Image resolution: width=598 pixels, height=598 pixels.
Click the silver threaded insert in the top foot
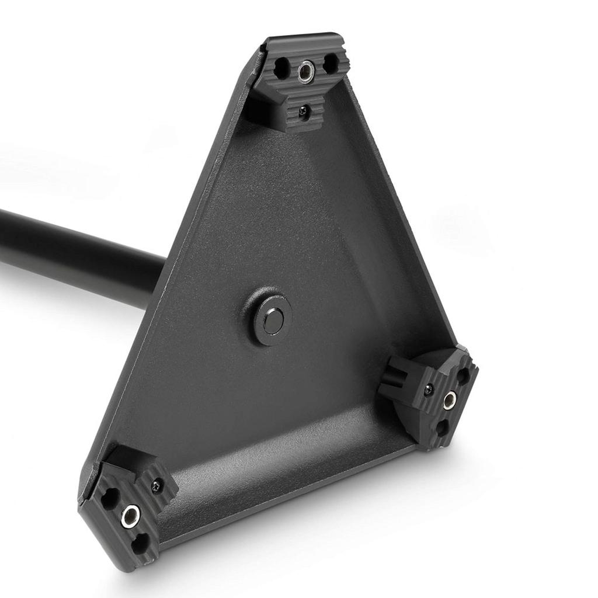[306, 72]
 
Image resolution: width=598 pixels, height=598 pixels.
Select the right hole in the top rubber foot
[330, 64]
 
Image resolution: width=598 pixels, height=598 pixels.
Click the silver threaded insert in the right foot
[450, 401]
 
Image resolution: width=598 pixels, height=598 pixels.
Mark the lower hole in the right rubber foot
[442, 428]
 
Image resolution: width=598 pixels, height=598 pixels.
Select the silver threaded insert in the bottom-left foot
[130, 516]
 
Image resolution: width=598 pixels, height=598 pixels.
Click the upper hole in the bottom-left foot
[110, 497]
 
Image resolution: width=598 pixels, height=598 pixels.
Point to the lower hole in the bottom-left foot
[140, 544]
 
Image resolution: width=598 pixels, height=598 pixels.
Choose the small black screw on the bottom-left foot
[157, 485]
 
